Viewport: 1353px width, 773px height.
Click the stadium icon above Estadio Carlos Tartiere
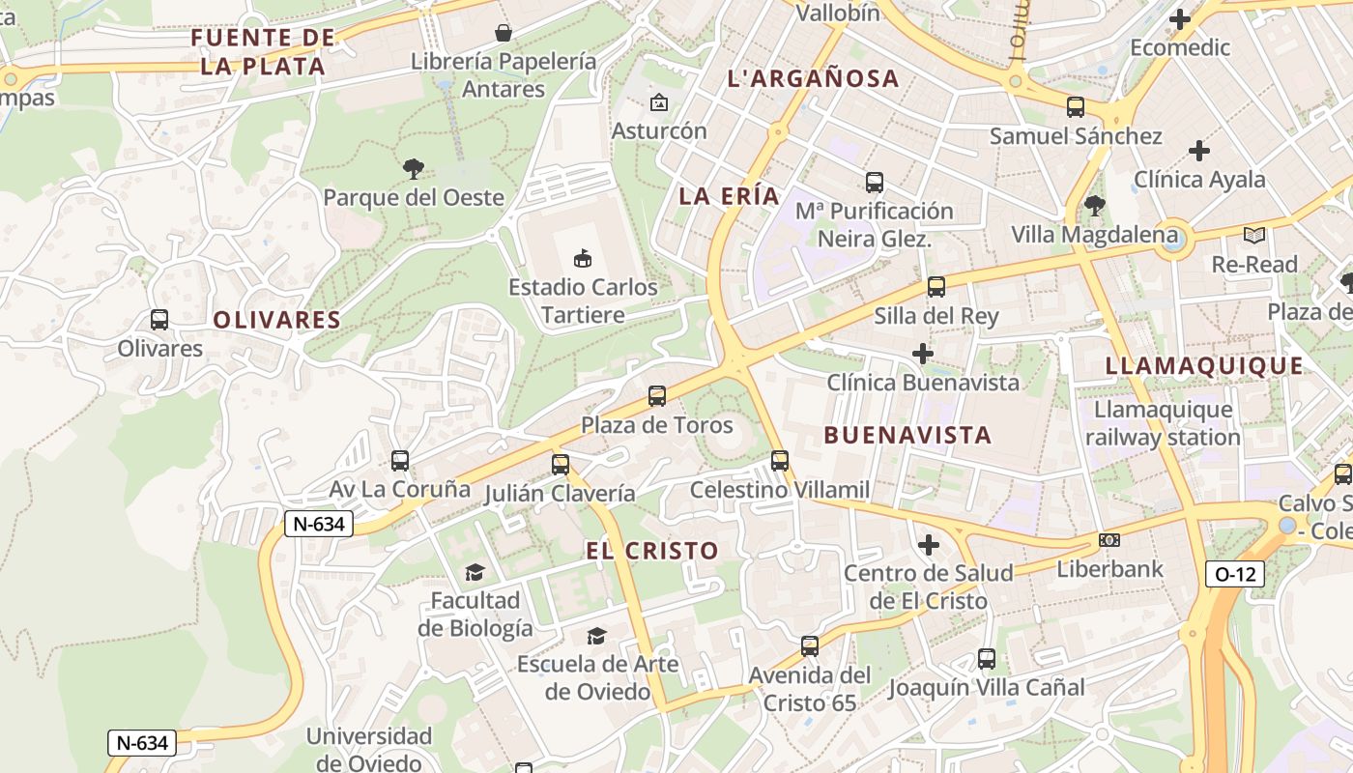click(583, 258)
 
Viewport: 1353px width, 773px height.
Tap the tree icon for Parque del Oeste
click(414, 169)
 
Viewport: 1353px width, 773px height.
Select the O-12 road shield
click(1235, 574)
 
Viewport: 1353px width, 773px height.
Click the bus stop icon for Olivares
click(159, 320)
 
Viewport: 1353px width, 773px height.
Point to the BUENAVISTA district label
click(907, 435)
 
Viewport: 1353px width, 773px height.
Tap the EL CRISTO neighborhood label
click(652, 551)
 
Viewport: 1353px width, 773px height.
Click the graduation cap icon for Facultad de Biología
click(475, 572)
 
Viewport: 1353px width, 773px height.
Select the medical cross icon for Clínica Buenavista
click(923, 354)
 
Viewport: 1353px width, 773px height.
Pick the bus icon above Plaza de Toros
click(657, 395)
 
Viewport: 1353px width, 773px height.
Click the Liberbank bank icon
click(1109, 540)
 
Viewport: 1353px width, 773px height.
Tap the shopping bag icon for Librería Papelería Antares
click(504, 33)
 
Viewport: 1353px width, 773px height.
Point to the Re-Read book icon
click(1254, 235)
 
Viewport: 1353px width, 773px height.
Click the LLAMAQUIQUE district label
click(1204, 365)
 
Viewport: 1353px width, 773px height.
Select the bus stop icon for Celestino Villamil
click(780, 461)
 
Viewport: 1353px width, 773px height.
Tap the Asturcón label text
click(659, 130)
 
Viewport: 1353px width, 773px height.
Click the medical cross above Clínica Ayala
click(1199, 151)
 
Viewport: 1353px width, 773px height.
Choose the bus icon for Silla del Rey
click(936, 287)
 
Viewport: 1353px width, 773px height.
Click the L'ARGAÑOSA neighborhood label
click(813, 78)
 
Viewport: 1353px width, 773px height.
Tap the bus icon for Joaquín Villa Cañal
click(986, 659)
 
